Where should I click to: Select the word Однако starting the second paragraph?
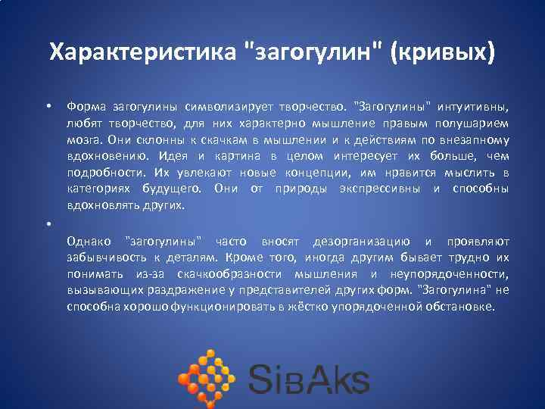pyautogui.click(x=88, y=242)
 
